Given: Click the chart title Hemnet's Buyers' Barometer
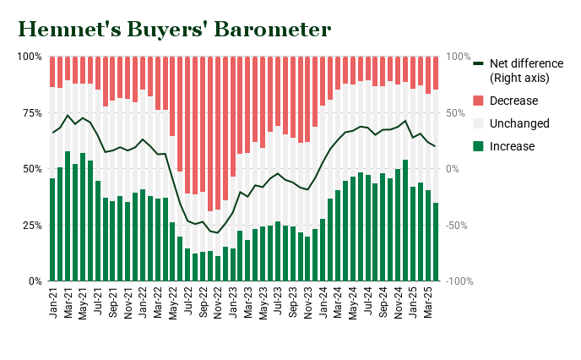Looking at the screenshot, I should click(175, 29).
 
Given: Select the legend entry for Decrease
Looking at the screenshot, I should click(513, 101).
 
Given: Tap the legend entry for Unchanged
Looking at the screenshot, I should click(519, 123).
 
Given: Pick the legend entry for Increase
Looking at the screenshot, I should click(512, 146).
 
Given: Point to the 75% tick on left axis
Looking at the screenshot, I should click(29, 112).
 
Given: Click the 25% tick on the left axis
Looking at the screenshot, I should click(29, 225).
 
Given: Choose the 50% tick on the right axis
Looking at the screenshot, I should click(458, 112).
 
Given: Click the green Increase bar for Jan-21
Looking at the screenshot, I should click(52, 229).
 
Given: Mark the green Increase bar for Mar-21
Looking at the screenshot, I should click(68, 216).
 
